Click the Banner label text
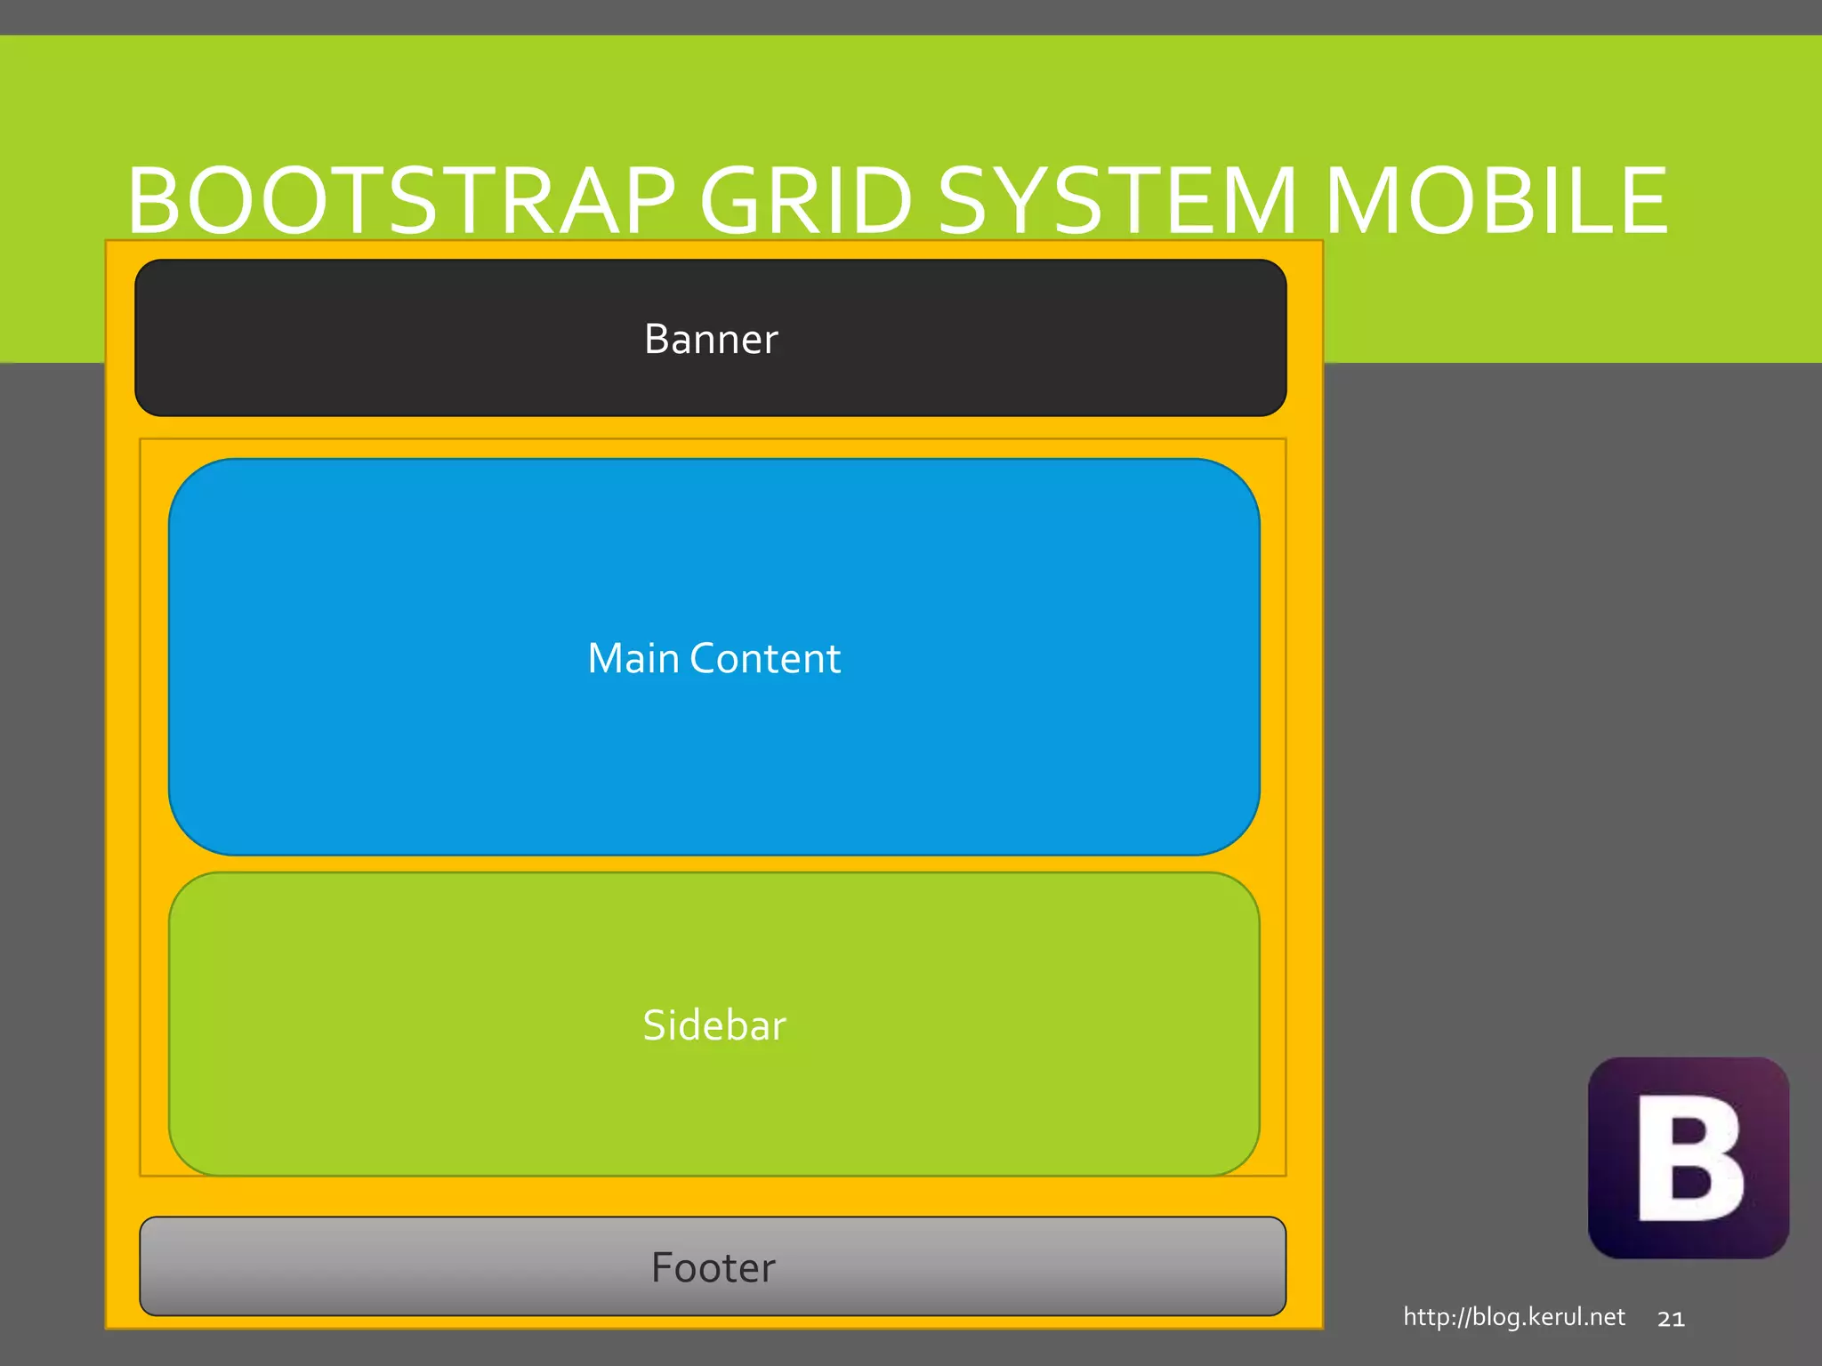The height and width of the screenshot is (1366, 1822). click(x=711, y=339)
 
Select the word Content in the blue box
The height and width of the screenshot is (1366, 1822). click(x=765, y=658)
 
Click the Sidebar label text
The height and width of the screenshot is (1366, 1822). click(x=714, y=1025)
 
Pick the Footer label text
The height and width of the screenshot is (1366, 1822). click(x=713, y=1267)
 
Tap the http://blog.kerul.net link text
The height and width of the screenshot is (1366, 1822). click(x=1514, y=1316)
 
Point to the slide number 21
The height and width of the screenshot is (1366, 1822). click(x=1671, y=1319)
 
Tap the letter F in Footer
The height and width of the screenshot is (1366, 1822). click(x=663, y=1267)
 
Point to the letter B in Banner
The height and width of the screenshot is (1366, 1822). click(x=656, y=339)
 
